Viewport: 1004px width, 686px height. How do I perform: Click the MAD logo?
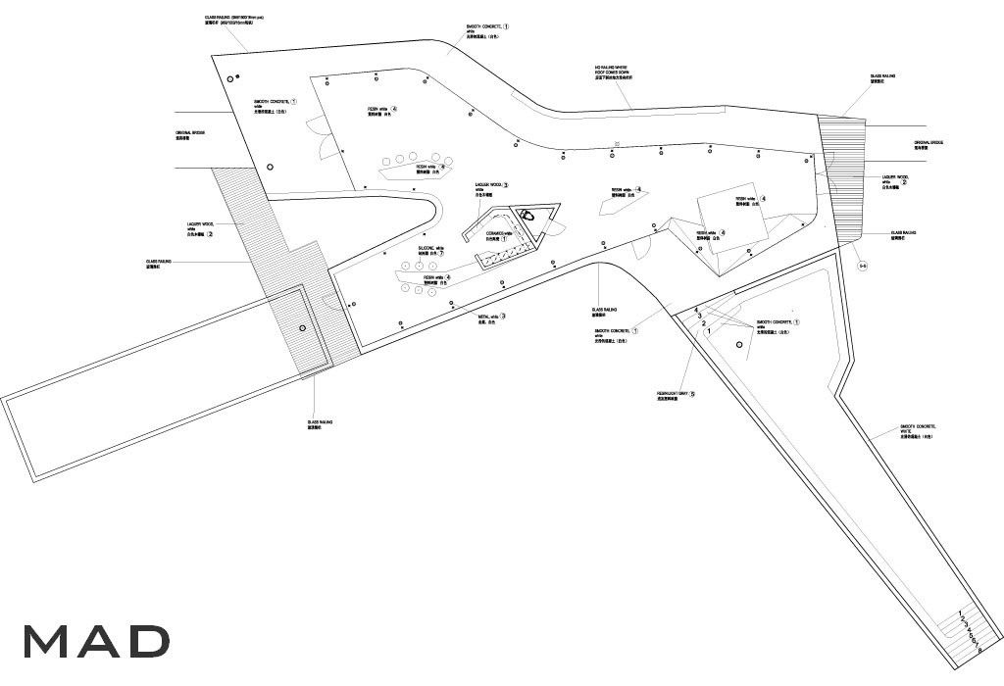click(x=96, y=641)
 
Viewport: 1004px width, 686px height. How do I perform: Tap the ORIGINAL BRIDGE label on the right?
click(x=928, y=146)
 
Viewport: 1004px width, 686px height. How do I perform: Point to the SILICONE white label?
click(x=428, y=252)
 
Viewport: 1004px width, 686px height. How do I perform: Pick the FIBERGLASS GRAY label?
click(x=676, y=396)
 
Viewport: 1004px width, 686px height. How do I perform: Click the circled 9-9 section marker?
click(x=863, y=266)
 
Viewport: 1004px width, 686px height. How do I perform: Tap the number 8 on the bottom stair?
click(x=979, y=649)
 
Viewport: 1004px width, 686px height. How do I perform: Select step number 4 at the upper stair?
click(x=696, y=310)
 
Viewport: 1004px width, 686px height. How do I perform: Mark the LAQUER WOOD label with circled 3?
click(x=491, y=187)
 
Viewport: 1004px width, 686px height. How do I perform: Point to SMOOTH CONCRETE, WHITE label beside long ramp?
click(x=918, y=431)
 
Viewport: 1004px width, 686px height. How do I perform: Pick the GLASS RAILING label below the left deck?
click(x=321, y=424)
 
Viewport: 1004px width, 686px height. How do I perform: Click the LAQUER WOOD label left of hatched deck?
click(x=199, y=231)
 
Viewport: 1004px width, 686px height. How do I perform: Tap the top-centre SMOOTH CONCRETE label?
click(x=486, y=31)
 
